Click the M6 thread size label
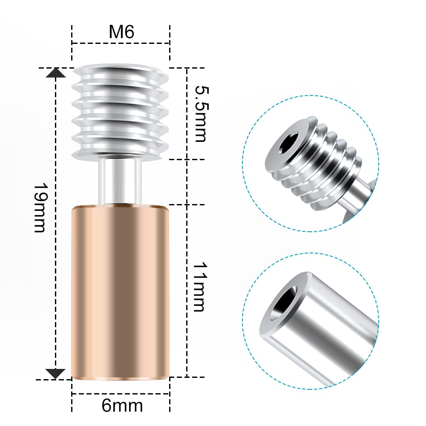(121, 32)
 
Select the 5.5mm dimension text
(200, 113)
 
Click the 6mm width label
(122, 405)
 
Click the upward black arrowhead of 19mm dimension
(56, 73)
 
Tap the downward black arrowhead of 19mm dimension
(56, 373)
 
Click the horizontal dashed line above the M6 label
(121, 43)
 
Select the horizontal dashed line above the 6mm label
(121, 394)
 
